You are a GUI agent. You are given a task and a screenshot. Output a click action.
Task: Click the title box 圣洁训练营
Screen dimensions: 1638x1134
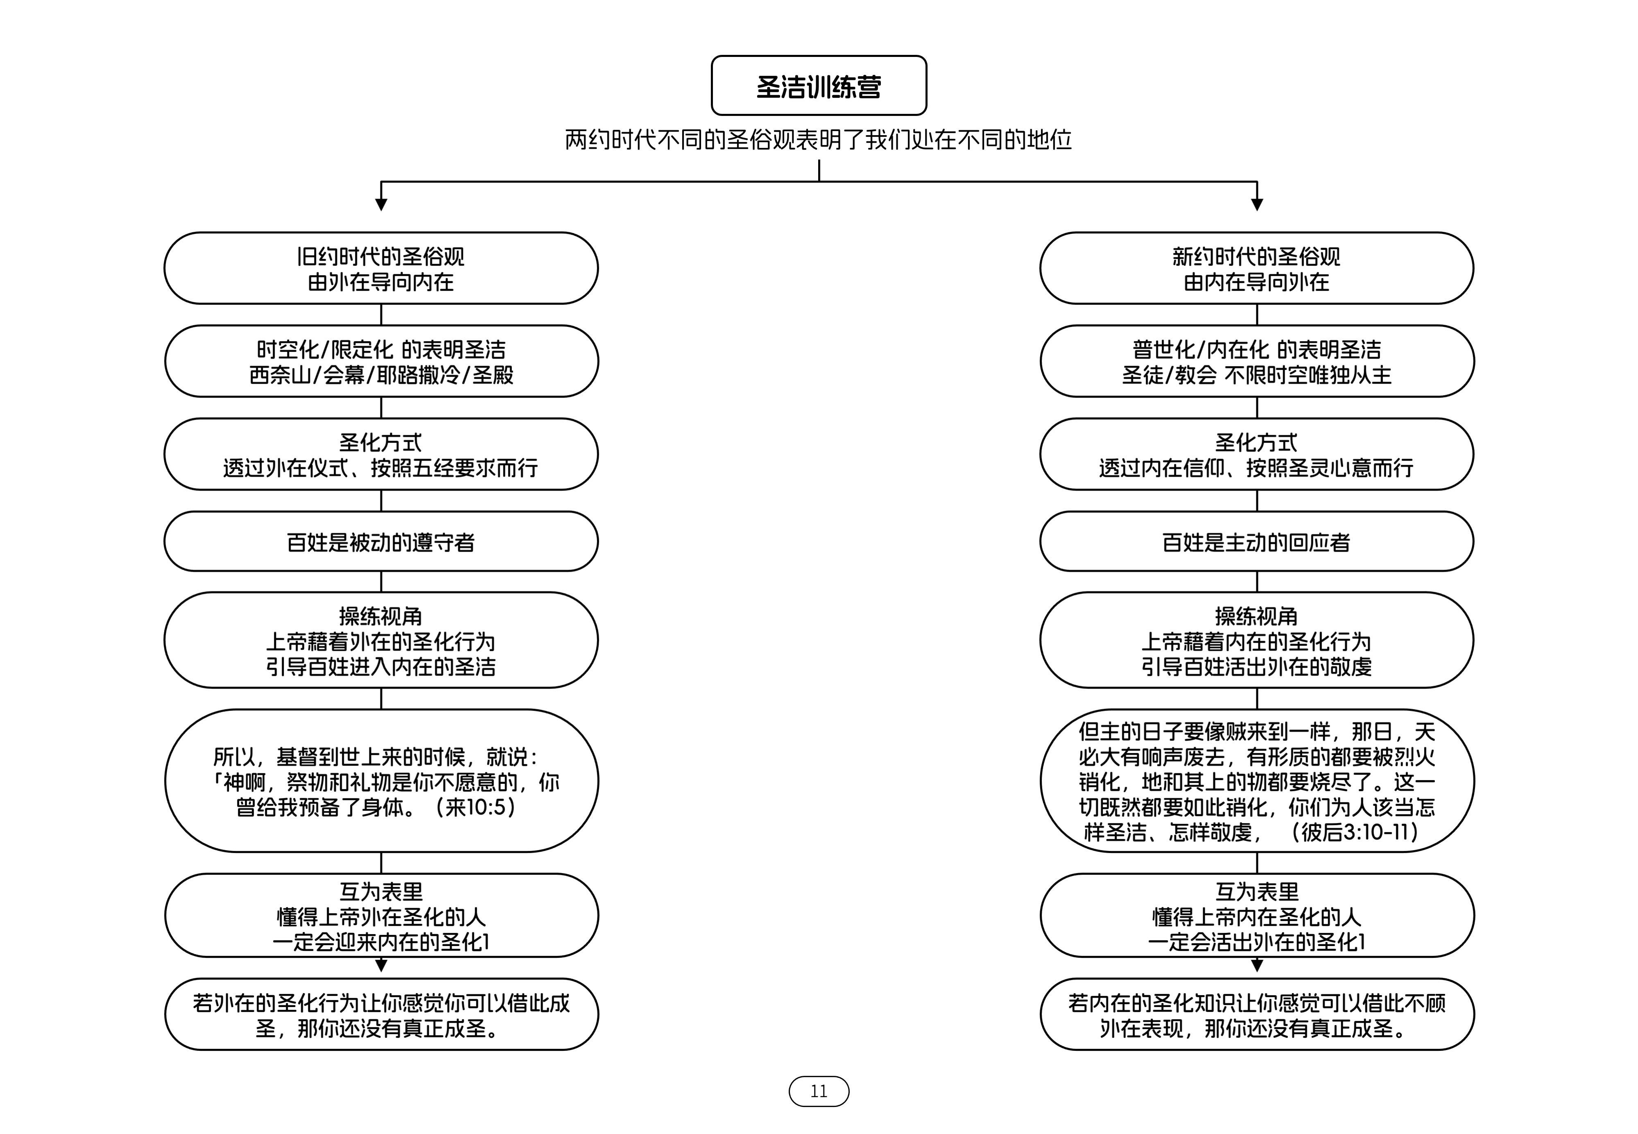[819, 85]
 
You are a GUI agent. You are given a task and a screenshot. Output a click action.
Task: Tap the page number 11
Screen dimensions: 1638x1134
[819, 1091]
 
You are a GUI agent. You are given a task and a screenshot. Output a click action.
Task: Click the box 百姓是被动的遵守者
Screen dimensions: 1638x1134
[381, 541]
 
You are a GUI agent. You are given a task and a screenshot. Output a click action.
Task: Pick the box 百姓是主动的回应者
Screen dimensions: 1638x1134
[1257, 541]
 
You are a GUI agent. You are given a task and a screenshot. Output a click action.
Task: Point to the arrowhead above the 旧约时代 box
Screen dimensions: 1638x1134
[381, 205]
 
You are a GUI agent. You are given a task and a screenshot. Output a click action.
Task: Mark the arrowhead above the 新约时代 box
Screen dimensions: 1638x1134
[1257, 205]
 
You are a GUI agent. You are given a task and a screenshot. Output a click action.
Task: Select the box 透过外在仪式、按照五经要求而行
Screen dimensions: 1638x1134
[381, 455]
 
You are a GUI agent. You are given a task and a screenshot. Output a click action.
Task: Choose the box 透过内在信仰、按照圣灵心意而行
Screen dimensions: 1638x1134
[1257, 455]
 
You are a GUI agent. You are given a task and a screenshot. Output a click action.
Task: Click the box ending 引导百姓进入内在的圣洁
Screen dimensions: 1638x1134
[381, 640]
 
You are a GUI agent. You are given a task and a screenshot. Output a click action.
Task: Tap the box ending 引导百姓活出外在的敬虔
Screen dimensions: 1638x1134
[1257, 640]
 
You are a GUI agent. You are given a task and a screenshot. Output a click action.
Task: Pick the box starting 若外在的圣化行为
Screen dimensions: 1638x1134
[381, 1015]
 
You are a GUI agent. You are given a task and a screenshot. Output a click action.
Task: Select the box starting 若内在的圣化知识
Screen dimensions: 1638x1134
[1257, 1015]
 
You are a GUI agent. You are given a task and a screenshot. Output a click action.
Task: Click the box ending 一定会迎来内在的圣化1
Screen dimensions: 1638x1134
[381, 916]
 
